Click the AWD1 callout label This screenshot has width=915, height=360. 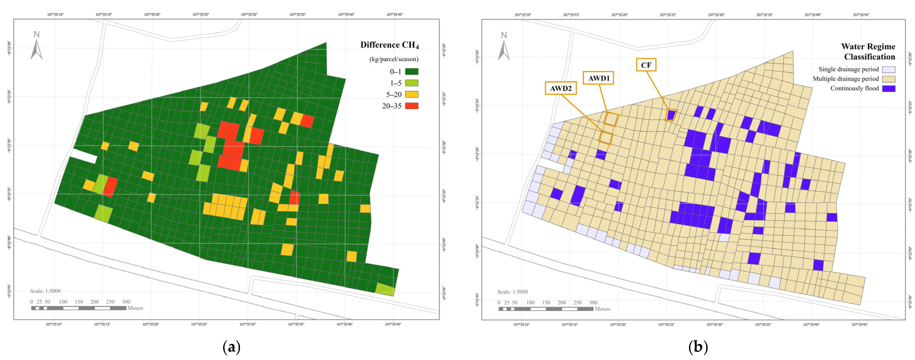click(x=599, y=78)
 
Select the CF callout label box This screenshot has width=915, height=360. click(x=646, y=65)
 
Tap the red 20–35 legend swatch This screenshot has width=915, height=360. click(x=412, y=106)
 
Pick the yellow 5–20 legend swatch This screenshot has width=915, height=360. click(x=412, y=95)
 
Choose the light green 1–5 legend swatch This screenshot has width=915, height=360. click(x=412, y=83)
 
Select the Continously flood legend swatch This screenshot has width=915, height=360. click(x=888, y=88)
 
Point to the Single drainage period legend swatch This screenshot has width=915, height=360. click(x=888, y=69)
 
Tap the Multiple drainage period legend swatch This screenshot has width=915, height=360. click(x=888, y=79)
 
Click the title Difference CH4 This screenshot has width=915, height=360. click(x=389, y=45)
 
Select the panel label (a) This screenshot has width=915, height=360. click(x=231, y=347)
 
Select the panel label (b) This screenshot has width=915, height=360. click(x=698, y=347)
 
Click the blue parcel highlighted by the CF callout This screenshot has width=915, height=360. click(x=671, y=115)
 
